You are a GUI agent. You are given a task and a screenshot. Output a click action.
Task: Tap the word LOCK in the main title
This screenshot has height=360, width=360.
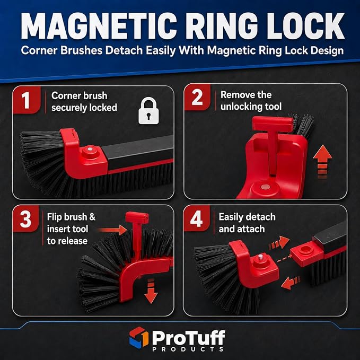tap(305, 25)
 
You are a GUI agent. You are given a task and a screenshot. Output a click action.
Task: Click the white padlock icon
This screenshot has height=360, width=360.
tap(148, 111)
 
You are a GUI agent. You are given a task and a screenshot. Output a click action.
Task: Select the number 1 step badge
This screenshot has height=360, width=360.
tap(27, 100)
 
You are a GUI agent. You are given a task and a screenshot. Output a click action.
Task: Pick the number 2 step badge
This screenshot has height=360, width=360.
tap(197, 97)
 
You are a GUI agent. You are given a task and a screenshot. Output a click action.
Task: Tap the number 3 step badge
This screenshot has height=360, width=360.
tap(25, 219)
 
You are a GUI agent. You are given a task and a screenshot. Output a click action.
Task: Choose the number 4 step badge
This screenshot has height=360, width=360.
tap(197, 218)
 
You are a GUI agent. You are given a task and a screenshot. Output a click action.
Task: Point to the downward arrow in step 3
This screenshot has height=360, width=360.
tap(151, 291)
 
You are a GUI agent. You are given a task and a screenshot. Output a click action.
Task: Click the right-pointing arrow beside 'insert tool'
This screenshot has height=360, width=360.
tap(112, 230)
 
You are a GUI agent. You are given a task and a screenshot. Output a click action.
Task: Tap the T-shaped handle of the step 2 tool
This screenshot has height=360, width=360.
tap(273, 125)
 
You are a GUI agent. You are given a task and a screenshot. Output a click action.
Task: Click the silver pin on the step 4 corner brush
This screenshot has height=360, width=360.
tap(260, 257)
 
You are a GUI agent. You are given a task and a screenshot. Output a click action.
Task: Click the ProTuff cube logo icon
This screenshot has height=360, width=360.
tap(139, 337)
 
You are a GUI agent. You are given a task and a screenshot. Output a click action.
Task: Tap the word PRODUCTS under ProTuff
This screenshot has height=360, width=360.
tap(188, 349)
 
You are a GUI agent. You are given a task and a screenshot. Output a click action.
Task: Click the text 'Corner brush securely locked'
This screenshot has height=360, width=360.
tap(84, 102)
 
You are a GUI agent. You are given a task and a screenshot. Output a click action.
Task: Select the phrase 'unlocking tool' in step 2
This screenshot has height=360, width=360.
tap(251, 107)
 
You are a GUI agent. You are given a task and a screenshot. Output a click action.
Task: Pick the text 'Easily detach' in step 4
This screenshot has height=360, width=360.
tap(247, 217)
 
